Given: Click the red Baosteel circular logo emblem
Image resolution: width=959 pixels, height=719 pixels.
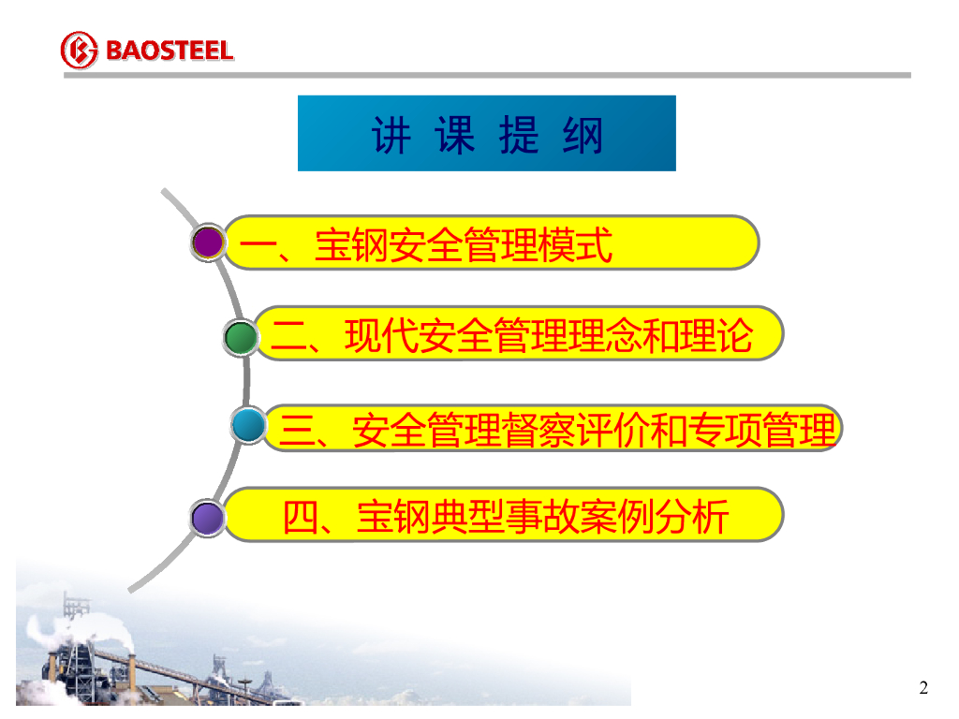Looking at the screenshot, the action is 79,51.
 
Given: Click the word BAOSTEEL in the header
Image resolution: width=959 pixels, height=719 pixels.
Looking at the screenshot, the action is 170,51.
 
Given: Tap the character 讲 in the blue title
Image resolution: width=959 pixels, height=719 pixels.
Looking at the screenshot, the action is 391,135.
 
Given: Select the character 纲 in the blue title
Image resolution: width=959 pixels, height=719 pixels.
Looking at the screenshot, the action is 583,135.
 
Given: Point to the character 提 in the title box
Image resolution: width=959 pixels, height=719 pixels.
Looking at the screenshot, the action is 519,135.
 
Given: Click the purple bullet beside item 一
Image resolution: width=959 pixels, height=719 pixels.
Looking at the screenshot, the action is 208,242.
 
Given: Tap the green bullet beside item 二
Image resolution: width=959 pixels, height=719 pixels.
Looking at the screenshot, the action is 241,337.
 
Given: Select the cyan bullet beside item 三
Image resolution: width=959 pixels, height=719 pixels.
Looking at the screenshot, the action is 249,425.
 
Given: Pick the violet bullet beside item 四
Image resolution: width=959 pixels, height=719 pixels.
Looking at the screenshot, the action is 208,518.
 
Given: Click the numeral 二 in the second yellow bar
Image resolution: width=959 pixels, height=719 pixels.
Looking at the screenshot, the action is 289,337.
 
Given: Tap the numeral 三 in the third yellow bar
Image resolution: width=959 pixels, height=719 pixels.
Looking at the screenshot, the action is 297,430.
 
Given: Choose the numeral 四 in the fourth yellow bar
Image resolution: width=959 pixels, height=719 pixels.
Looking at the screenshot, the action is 302,518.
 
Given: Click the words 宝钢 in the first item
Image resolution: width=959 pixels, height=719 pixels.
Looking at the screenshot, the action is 351,245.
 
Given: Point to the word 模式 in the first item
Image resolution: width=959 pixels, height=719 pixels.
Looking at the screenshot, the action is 575,245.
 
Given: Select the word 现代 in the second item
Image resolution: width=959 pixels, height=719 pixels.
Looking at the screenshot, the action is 382,336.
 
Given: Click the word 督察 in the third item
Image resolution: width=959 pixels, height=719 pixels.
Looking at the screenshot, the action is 539,430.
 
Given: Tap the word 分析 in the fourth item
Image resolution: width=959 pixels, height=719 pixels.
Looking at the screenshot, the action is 692,517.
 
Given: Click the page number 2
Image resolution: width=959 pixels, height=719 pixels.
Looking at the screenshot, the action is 923,688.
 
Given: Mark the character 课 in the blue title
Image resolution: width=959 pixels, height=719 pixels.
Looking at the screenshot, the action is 455,135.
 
